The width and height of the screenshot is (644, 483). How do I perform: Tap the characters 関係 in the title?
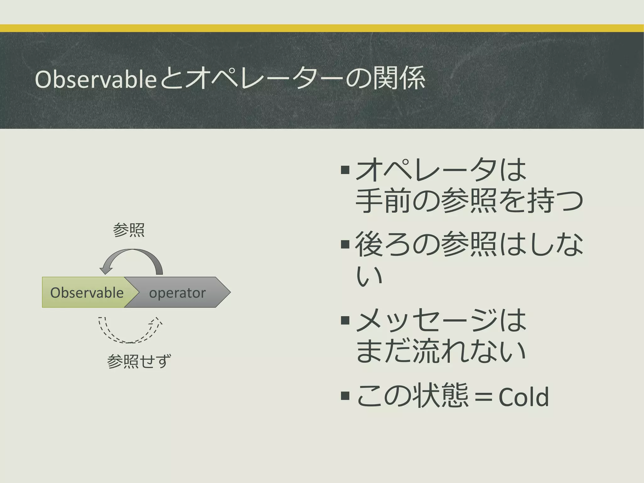[399, 79]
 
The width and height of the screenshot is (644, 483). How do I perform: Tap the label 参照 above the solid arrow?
[129, 230]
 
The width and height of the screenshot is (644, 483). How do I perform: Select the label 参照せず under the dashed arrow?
[139, 361]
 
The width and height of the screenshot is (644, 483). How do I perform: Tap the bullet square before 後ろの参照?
[345, 244]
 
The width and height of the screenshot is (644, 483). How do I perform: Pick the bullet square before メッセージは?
[345, 320]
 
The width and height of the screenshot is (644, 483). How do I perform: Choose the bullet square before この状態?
[345, 396]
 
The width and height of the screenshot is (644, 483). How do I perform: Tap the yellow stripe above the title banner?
[322, 28]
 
